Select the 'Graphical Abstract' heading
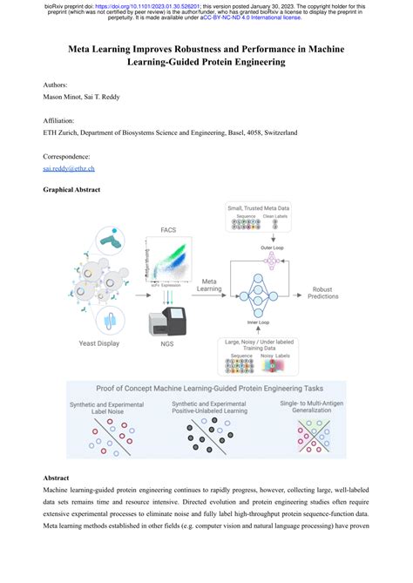coord(71,189)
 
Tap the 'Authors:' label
coord(56,85)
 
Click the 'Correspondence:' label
coord(66,155)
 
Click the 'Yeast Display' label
coord(97,341)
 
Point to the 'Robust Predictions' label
coord(323,292)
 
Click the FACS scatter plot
coord(173,261)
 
